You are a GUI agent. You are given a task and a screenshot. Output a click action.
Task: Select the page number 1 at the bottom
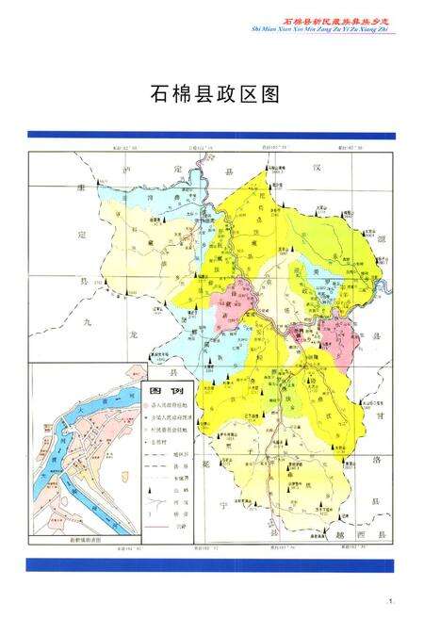point(388,600)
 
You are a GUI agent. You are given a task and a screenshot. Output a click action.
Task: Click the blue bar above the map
point(211,134)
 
